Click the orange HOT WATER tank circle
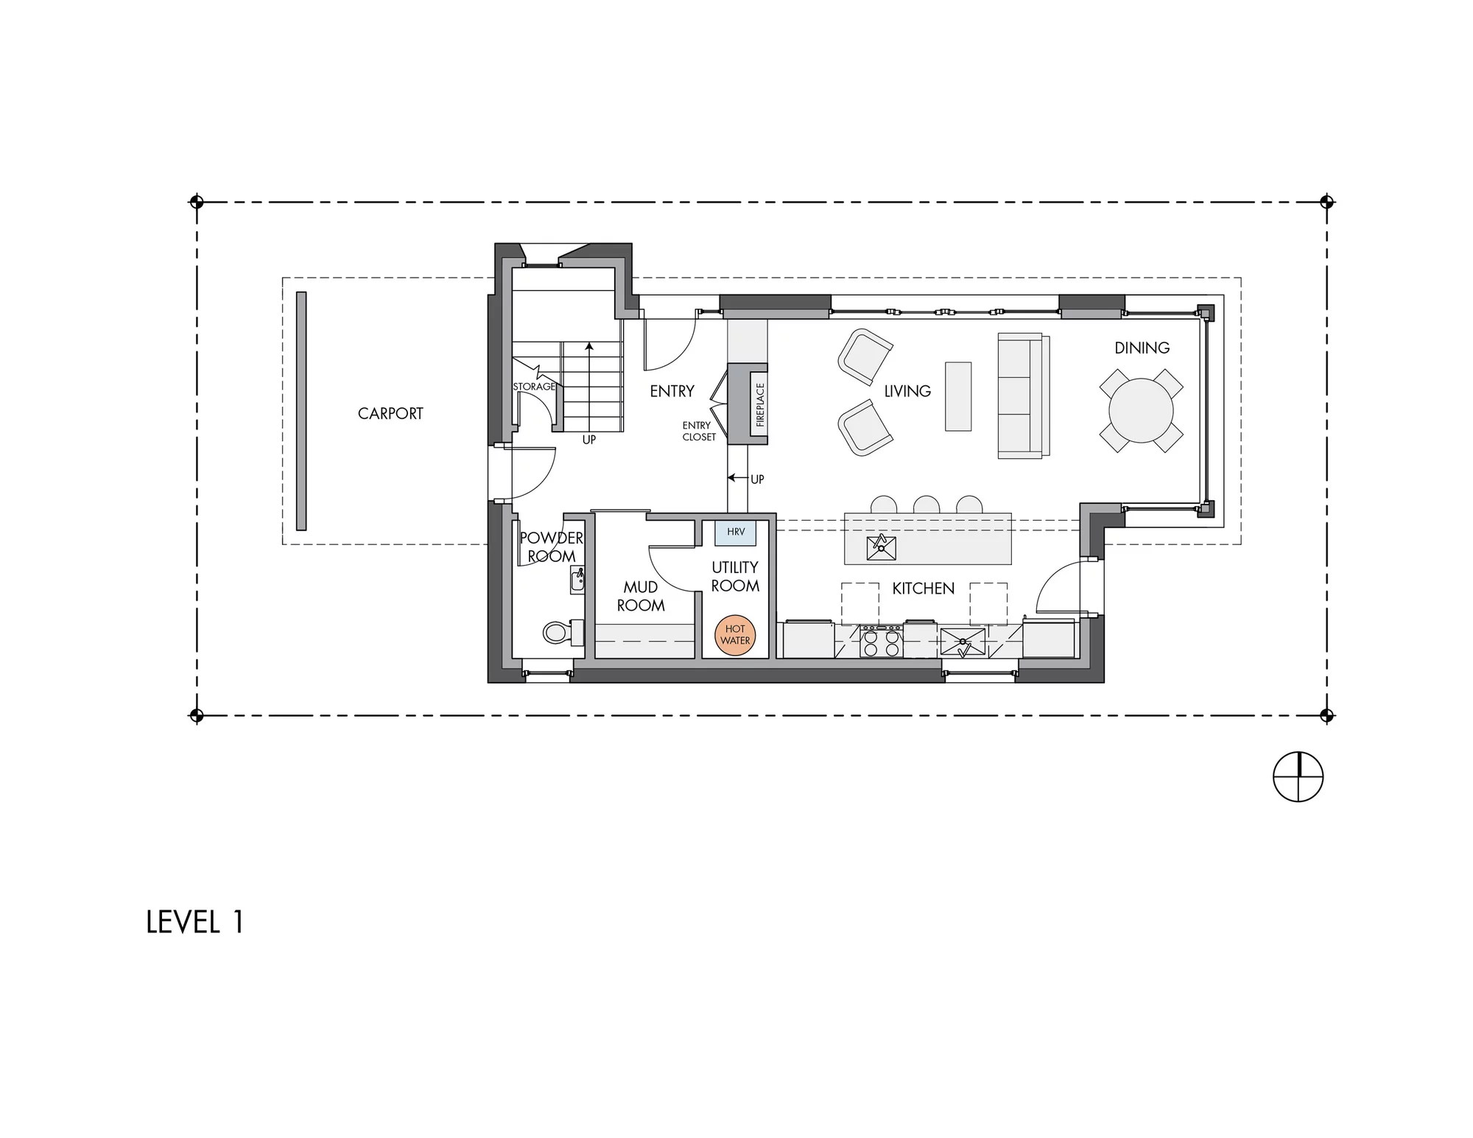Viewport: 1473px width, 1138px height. click(735, 635)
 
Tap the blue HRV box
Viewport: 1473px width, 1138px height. click(736, 533)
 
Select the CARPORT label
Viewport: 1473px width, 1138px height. click(390, 414)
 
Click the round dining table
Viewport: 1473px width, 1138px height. click(1141, 410)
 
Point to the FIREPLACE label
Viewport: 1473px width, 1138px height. click(760, 404)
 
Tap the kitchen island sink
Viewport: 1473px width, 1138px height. click(882, 548)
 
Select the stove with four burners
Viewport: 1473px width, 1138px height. click(882, 642)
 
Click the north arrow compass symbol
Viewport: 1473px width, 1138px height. click(1298, 776)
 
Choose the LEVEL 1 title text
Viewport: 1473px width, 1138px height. click(194, 923)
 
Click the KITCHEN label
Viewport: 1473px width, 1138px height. click(923, 589)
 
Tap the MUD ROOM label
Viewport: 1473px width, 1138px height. click(641, 597)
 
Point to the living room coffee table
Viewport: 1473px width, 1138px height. click(958, 396)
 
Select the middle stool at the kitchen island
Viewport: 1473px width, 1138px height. click(927, 505)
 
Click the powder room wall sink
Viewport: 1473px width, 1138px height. click(577, 581)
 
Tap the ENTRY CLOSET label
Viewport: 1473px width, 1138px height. click(698, 432)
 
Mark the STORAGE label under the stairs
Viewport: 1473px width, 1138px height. click(534, 387)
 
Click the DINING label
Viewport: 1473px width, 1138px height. click(1142, 348)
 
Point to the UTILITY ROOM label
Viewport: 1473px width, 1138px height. click(735, 577)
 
